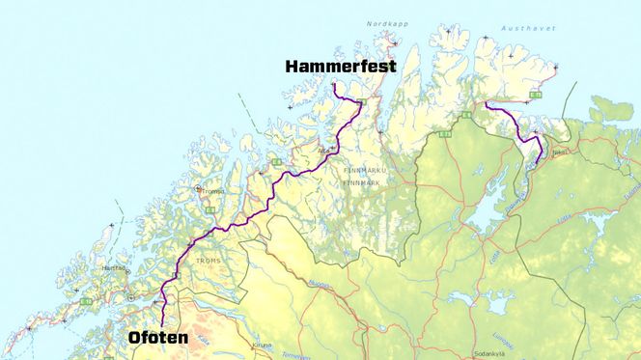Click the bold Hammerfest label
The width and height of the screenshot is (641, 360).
[x=340, y=66]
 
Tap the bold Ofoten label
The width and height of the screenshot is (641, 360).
[x=157, y=338]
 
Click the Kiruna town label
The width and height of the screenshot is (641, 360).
[x=262, y=344]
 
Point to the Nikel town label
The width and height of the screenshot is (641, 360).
[x=559, y=152]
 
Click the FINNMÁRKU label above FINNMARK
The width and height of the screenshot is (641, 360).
[x=364, y=169]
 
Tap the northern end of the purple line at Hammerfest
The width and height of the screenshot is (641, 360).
[x=333, y=85]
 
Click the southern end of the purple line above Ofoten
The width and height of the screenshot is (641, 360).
[x=163, y=326]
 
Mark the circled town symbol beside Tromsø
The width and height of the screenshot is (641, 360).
[x=199, y=190]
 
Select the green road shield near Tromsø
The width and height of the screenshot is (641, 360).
[x=209, y=209]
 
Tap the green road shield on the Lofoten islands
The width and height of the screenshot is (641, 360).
[x=87, y=302]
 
